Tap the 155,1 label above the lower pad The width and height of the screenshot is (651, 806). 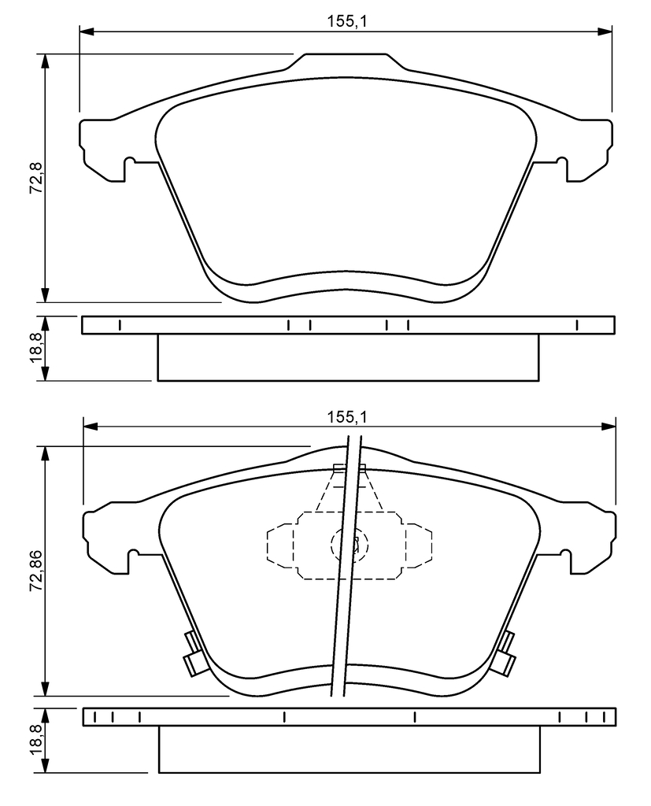pyautogui.click(x=347, y=417)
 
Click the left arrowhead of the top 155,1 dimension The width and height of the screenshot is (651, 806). pyautogui.click(x=87, y=31)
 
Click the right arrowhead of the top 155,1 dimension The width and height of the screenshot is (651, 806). pyautogui.click(x=605, y=31)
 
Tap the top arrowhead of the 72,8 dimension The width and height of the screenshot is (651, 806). pyautogui.click(x=46, y=61)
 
